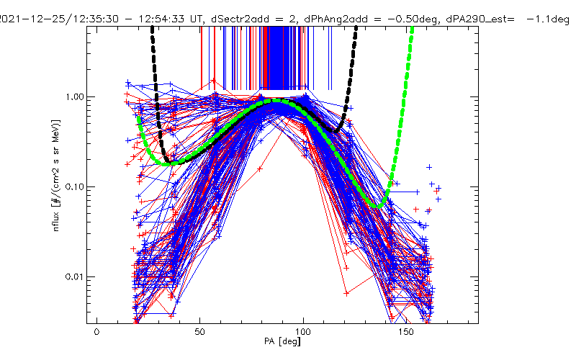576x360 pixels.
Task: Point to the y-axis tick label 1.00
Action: [75, 96]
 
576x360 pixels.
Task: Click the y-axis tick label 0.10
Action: [75, 186]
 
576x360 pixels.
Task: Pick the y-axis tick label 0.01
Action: [75, 276]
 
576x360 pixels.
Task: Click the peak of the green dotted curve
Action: [277, 102]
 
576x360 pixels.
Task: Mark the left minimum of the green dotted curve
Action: [167, 164]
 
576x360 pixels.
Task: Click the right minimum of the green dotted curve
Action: [378, 206]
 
